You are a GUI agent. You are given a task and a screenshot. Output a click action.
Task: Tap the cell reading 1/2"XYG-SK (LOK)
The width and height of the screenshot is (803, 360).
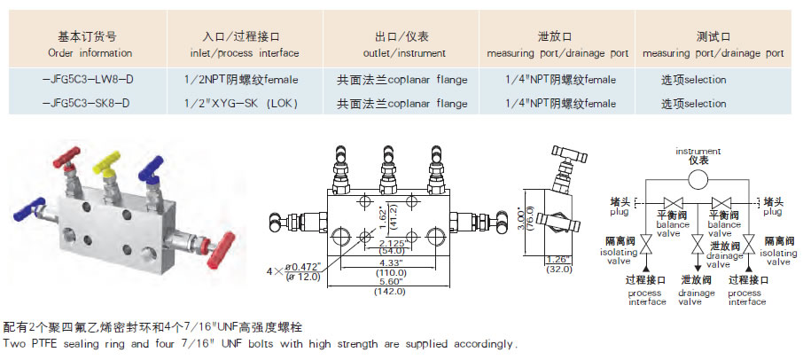(x=242, y=104)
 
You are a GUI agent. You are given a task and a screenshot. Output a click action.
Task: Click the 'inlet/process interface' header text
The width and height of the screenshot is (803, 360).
(x=241, y=53)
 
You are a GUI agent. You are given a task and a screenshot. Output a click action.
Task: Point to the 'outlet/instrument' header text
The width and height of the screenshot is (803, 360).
(x=402, y=53)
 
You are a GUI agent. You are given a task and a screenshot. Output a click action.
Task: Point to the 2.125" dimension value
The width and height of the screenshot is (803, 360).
(x=393, y=242)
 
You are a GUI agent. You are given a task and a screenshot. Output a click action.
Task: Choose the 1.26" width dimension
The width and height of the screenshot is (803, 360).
(x=557, y=259)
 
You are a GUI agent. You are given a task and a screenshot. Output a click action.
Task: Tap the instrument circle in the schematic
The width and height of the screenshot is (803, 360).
(x=698, y=179)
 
